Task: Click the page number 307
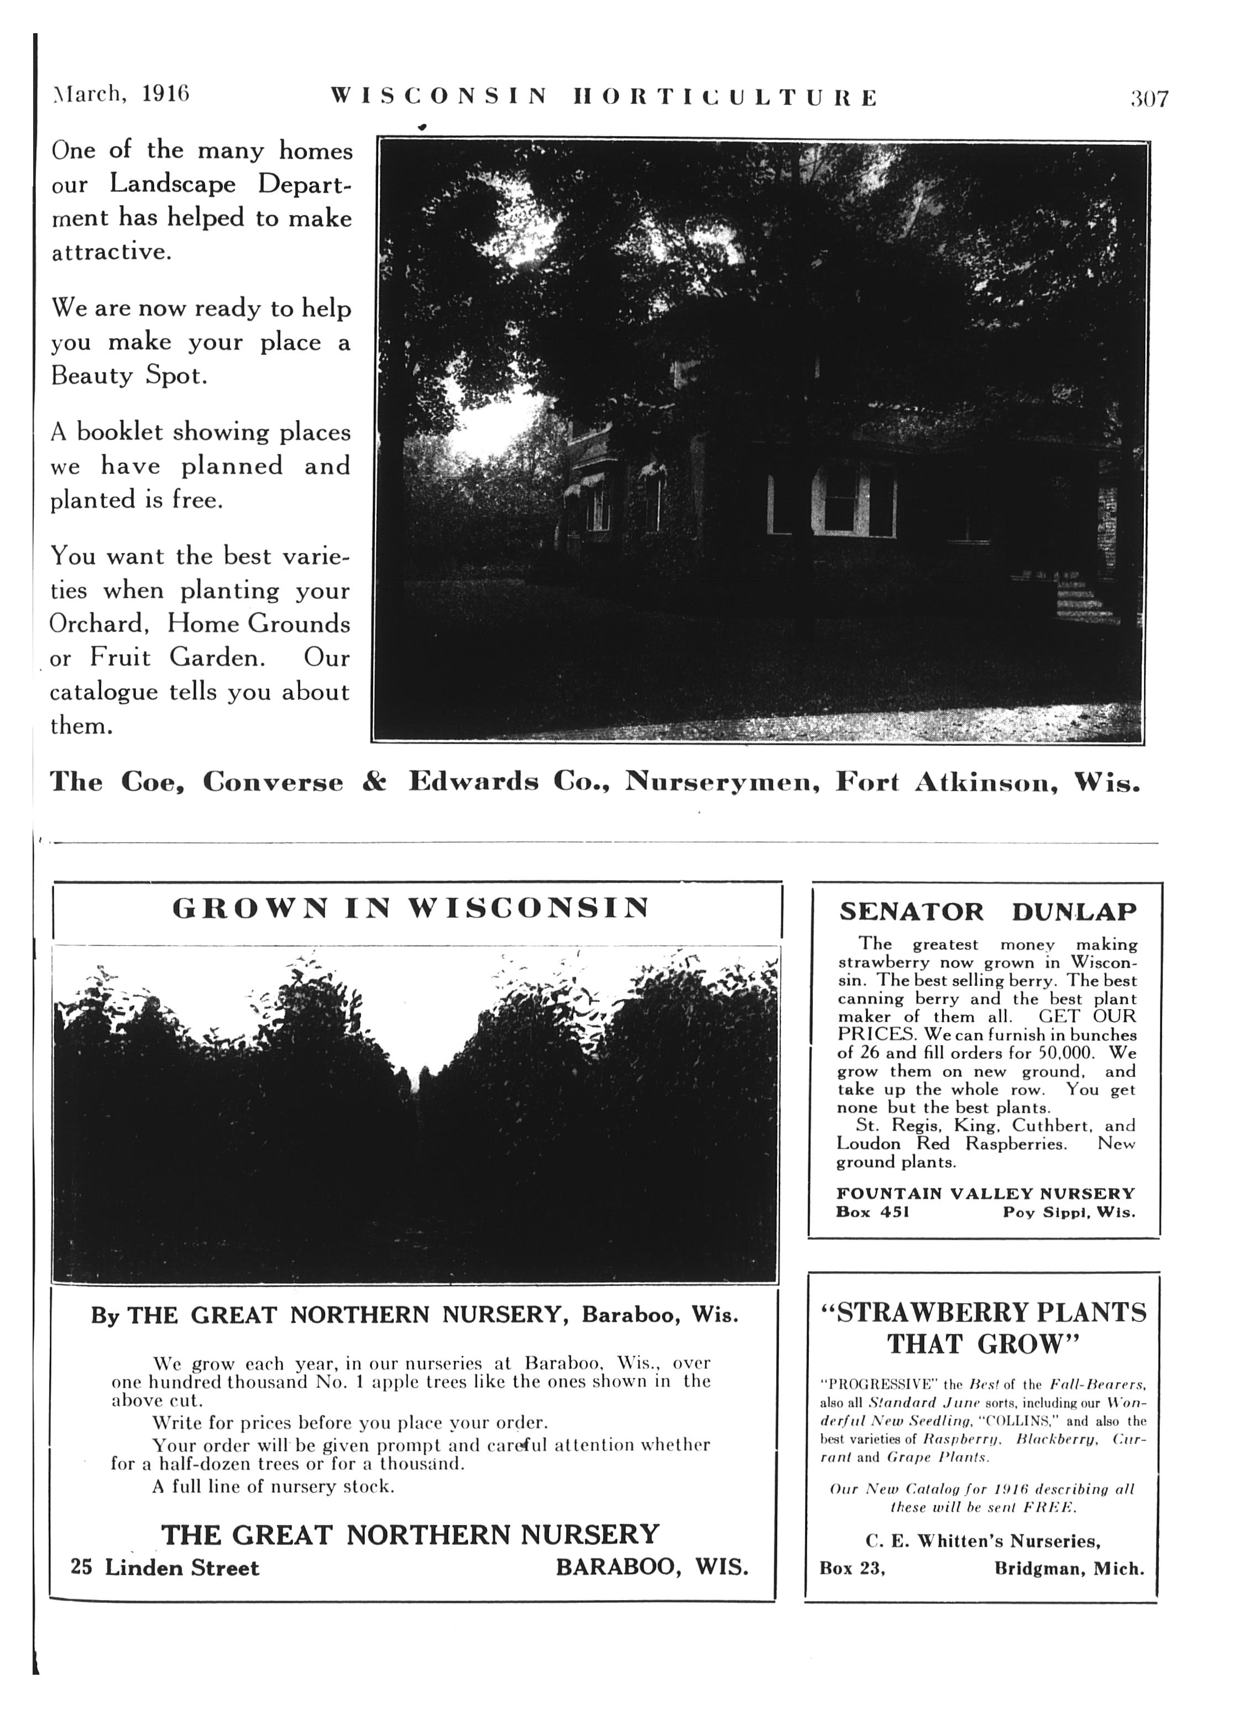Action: pyautogui.click(x=1148, y=99)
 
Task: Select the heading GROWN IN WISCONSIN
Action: pyautogui.click(x=411, y=907)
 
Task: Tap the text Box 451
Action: pyautogui.click(x=872, y=1212)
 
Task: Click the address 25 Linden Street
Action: pyautogui.click(x=164, y=1568)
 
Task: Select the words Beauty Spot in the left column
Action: pyautogui.click(x=129, y=375)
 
